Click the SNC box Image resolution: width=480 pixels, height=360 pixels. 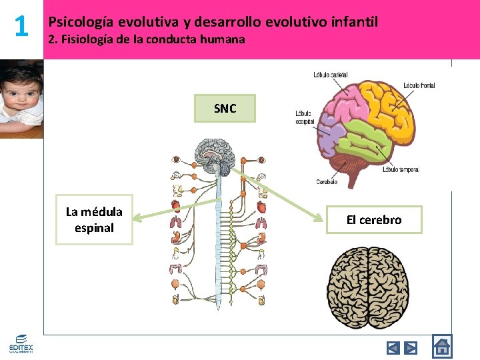click(x=225, y=109)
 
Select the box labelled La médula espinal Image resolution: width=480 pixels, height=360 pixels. click(x=94, y=219)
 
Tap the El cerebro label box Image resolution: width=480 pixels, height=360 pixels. click(x=373, y=220)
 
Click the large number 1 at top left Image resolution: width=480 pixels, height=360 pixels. click(x=21, y=27)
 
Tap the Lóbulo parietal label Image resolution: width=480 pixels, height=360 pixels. click(x=330, y=75)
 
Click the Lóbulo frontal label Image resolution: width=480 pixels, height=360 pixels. click(x=419, y=85)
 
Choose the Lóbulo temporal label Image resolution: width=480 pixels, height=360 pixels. click(x=401, y=169)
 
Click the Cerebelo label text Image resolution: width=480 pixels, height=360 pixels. click(x=326, y=181)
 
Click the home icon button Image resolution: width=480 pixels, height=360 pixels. click(x=441, y=347)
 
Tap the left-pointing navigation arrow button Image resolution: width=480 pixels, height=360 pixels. click(x=393, y=347)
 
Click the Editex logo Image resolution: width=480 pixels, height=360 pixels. click(x=21, y=343)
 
